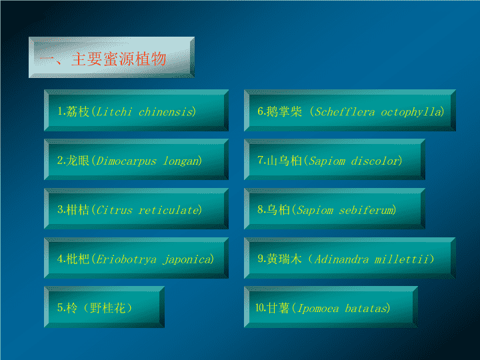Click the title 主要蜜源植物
pos(119,59)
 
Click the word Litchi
pos(114,112)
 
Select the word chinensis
pos(165,112)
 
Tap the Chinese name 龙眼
pos(77,161)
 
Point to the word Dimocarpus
pos(126,161)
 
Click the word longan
pos(181,161)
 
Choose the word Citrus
pos(114,210)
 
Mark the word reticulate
pos(169,210)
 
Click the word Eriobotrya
pos(126,259)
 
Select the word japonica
pos(187,259)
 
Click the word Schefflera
pos(345,112)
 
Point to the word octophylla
pos(411,113)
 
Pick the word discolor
pos(375,161)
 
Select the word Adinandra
pos(341,259)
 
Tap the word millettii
pos(401,259)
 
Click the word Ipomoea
pos(319,309)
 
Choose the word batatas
pos(366,308)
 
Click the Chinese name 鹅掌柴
pos(284,112)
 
